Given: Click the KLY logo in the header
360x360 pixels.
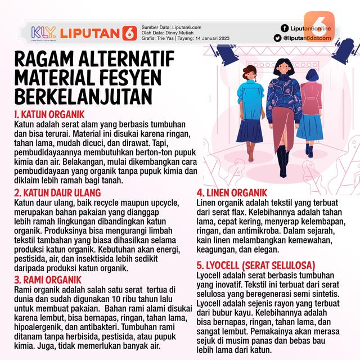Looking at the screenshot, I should (41, 32).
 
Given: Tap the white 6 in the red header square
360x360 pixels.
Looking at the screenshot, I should (129, 33).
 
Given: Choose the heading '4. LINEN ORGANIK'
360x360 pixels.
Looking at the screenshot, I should (231, 192).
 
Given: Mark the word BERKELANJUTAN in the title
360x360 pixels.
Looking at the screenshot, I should (83, 96).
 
